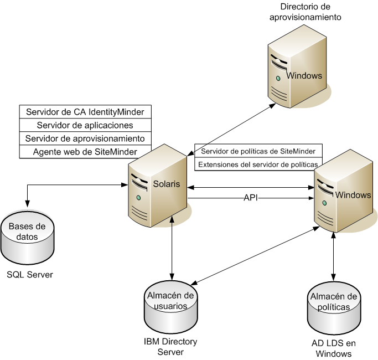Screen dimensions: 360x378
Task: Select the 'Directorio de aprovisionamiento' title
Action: pyautogui.click(x=305, y=12)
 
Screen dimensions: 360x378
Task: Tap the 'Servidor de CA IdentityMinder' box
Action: pyautogui.click(x=85, y=111)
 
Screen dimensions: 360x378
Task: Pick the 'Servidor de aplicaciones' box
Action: pyautogui.click(x=85, y=125)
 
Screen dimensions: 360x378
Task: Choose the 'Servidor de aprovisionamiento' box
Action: pyautogui.click(x=85, y=138)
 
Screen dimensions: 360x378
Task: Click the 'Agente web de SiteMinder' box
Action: pyautogui.click(x=85, y=151)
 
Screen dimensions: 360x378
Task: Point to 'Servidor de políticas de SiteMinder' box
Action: pyautogui.click(x=258, y=151)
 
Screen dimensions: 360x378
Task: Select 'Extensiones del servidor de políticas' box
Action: pyautogui.click(x=258, y=164)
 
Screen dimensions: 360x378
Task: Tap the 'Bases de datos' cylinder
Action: pyautogui.click(x=27, y=238)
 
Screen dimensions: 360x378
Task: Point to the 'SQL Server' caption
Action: pyautogui.click(x=30, y=274)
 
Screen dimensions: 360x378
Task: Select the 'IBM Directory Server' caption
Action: pyautogui.click(x=170, y=347)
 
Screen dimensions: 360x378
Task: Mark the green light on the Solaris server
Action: pyautogui.click(x=138, y=198)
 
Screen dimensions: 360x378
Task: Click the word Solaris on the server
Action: pyautogui.click(x=167, y=184)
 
